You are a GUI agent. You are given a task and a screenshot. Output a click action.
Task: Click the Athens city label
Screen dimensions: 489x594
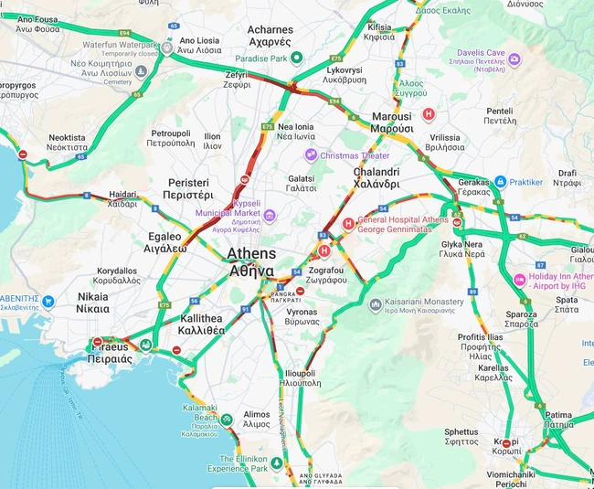click(250, 261)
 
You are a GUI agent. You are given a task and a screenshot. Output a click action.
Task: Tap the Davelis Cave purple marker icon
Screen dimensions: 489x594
click(514, 60)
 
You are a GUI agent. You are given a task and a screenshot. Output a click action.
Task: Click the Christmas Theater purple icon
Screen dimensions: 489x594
click(311, 155)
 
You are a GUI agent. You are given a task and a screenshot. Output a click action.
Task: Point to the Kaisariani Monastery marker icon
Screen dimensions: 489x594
click(376, 303)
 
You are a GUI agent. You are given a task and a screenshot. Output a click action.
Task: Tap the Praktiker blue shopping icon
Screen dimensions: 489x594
click(500, 182)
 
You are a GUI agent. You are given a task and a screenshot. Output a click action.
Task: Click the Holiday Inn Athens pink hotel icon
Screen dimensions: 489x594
click(520, 279)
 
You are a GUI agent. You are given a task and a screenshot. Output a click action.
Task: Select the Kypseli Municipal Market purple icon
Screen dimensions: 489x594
click(270, 216)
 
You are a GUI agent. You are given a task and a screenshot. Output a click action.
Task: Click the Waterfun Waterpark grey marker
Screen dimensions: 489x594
click(167, 48)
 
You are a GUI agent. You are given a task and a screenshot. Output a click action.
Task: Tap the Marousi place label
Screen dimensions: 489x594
click(392, 122)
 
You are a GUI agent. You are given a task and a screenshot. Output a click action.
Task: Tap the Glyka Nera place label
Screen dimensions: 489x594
click(461, 250)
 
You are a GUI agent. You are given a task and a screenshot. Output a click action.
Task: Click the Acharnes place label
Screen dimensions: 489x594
click(270, 36)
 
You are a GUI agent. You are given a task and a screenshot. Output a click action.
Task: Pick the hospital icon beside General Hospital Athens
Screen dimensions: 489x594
click(347, 224)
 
